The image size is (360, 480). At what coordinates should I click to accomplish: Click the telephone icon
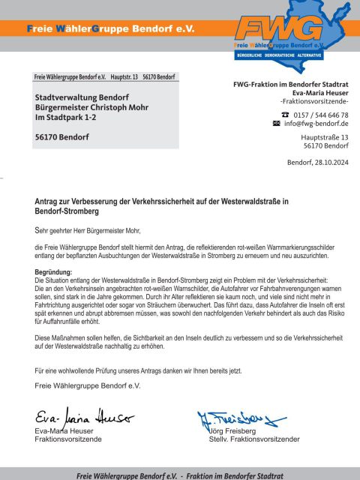point(274,115)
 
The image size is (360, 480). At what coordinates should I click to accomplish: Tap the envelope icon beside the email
point(275,123)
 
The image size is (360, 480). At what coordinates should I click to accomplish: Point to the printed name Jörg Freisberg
point(232,431)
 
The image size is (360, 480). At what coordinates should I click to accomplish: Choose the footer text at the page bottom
point(179,475)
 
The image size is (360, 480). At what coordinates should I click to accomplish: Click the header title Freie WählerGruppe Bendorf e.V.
point(110,28)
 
